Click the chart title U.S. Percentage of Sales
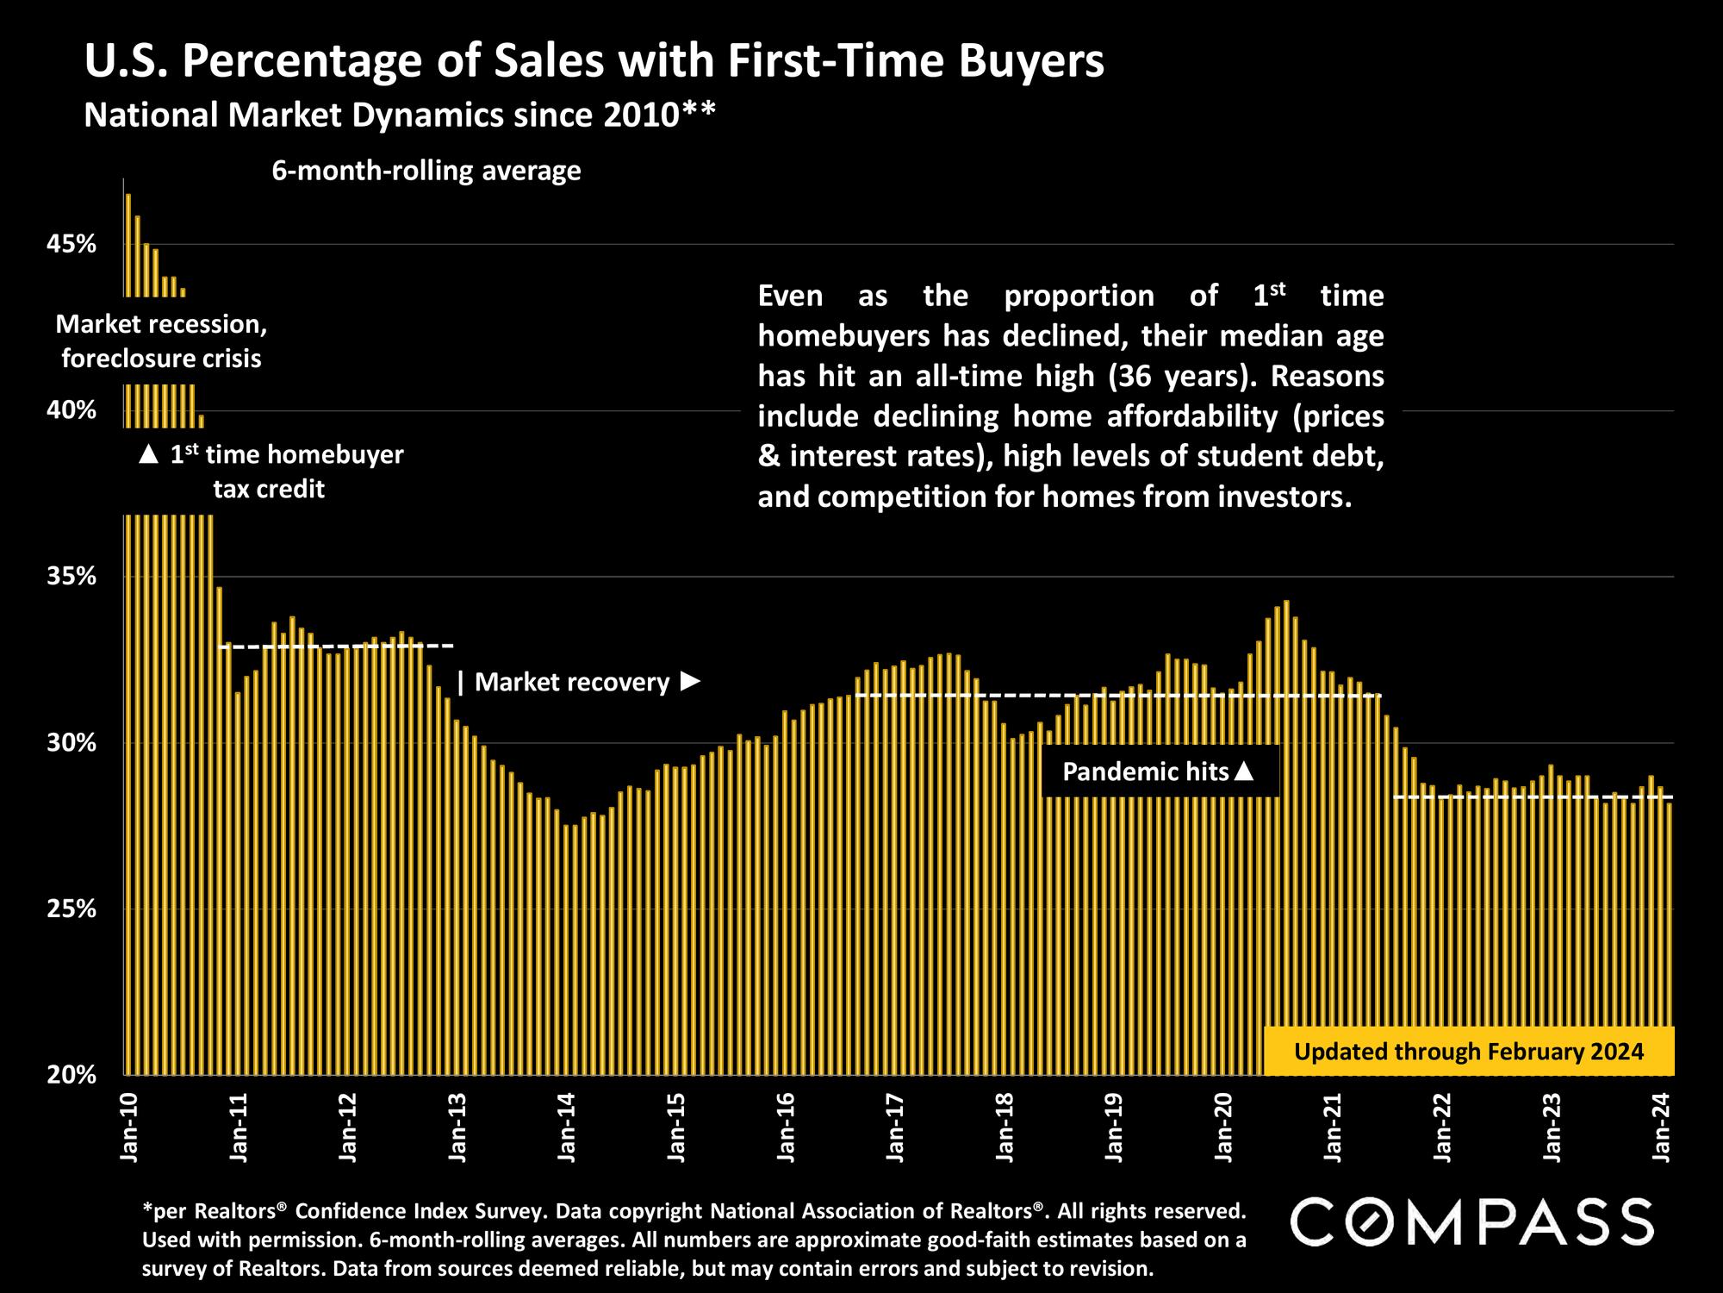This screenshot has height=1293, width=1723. (x=594, y=62)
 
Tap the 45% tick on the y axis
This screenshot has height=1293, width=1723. (x=72, y=245)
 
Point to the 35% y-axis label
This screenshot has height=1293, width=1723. (x=72, y=577)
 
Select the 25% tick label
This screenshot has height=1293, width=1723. (x=72, y=909)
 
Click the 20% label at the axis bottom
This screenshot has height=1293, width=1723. (x=72, y=1075)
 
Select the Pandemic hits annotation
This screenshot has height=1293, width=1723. (x=1159, y=771)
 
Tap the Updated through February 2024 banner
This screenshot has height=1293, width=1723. (x=1469, y=1052)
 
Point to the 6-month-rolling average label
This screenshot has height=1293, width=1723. (x=426, y=172)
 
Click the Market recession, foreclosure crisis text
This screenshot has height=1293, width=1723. (x=161, y=341)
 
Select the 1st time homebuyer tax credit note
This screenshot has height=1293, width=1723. (x=271, y=472)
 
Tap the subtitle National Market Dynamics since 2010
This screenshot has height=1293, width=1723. (x=400, y=115)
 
